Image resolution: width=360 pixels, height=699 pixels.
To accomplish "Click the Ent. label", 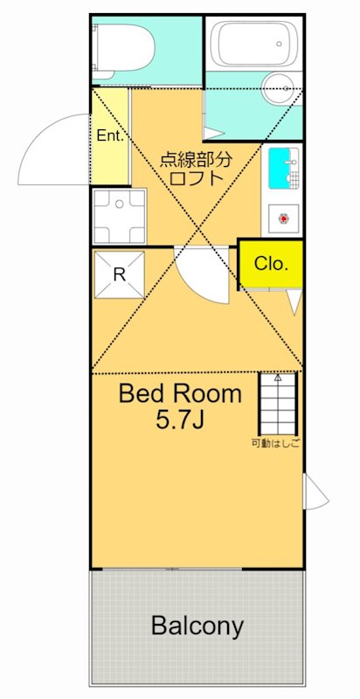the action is [x=109, y=136].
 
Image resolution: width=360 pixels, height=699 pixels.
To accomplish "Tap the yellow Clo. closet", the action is [x=272, y=265].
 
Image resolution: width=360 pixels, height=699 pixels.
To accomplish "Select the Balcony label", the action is [x=197, y=626].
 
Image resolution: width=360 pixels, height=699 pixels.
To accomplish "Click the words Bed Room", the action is [x=180, y=394].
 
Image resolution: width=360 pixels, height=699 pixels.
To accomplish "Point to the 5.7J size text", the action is [x=180, y=419].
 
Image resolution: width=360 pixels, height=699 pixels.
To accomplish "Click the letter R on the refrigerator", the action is [x=119, y=274].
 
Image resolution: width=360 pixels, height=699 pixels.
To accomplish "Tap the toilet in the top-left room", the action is [x=122, y=50].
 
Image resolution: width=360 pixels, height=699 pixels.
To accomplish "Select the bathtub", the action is [x=254, y=44].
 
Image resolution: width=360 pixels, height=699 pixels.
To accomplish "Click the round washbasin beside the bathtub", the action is [x=281, y=88].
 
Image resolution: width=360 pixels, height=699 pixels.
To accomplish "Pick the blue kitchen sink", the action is [x=281, y=168].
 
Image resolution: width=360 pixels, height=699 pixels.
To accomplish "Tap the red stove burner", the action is [x=283, y=218].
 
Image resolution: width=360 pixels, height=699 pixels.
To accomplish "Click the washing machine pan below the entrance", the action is [x=119, y=216].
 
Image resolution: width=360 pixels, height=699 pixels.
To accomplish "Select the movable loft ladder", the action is [x=278, y=404].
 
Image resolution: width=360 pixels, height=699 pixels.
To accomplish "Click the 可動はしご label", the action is [x=275, y=444].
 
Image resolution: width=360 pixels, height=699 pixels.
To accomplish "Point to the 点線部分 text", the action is [x=196, y=159].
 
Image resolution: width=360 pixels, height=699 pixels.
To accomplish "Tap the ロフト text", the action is [x=197, y=178].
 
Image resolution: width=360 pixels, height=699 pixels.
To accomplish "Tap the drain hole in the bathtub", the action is [x=280, y=44].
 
